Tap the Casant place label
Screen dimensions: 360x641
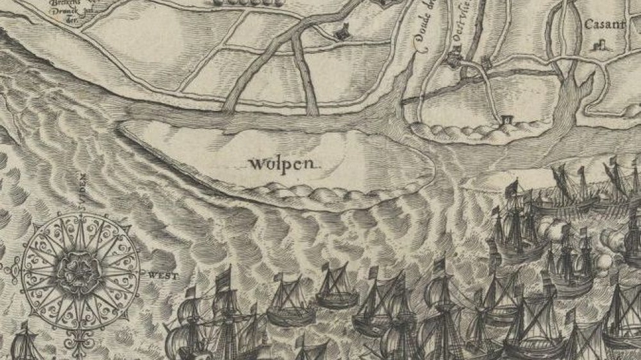click(600, 25)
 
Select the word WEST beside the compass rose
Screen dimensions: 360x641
click(162, 275)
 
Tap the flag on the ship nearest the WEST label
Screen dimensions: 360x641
click(190, 291)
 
